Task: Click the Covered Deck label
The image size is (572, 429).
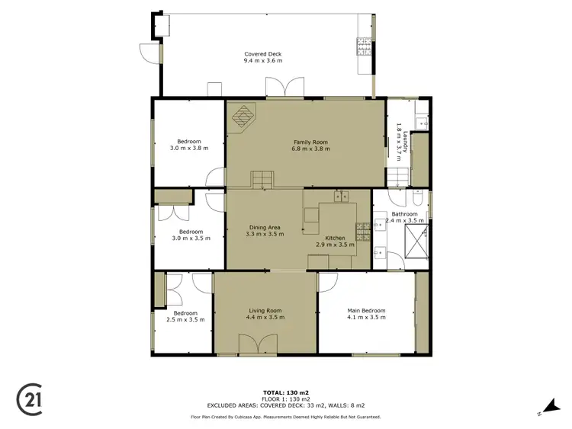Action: (263, 54)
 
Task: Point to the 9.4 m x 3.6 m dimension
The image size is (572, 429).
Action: (263, 61)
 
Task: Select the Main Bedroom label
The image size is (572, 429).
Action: (366, 310)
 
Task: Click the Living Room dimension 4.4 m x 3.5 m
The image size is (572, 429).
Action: (265, 318)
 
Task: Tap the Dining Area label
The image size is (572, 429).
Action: (265, 227)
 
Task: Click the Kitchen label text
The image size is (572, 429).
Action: (336, 238)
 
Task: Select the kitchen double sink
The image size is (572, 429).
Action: (340, 196)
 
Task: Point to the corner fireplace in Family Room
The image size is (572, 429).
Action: (243, 118)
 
